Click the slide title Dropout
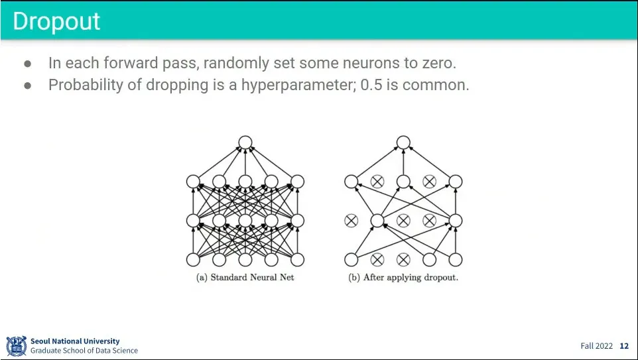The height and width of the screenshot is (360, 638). click(56, 21)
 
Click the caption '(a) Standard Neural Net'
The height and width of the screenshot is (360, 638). click(245, 277)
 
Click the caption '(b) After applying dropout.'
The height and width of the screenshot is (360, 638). click(403, 277)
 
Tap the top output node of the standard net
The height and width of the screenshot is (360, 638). click(245, 142)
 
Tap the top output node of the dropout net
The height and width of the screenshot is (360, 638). click(403, 142)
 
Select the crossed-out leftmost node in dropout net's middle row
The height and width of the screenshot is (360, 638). click(351, 221)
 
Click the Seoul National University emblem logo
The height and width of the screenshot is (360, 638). click(17, 345)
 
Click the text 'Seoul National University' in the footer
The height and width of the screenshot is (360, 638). click(75, 341)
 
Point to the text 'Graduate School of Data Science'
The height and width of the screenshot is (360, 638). click(84, 351)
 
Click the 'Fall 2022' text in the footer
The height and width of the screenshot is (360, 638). click(596, 346)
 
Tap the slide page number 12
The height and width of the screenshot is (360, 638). click(623, 346)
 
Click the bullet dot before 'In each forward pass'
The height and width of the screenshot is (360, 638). click(28, 64)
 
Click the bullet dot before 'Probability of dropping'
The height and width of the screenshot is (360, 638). click(28, 86)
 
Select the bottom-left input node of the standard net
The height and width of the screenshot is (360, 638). click(193, 259)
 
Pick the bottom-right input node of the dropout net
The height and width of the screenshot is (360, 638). click(455, 259)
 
